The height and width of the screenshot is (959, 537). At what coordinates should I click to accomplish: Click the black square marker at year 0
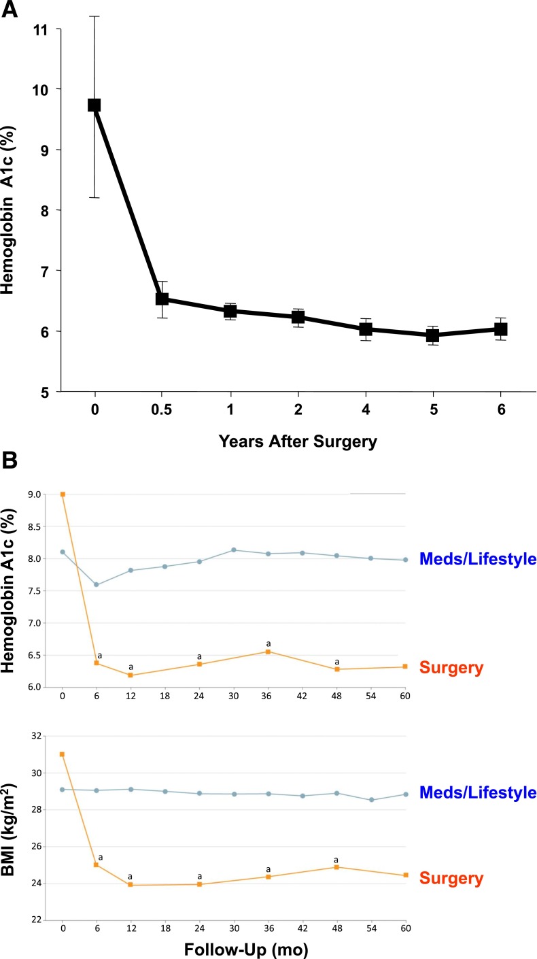tap(94, 105)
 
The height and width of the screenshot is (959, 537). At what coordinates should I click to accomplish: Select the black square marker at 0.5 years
tap(162, 299)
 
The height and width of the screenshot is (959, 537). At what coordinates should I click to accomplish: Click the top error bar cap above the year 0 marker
tap(94, 16)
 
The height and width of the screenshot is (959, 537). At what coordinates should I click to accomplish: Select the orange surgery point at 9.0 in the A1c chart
tap(63, 494)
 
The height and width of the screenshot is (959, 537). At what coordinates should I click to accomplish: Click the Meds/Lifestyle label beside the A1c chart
tap(478, 559)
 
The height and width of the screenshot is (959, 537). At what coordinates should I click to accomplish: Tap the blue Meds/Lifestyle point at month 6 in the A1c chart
tap(97, 585)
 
